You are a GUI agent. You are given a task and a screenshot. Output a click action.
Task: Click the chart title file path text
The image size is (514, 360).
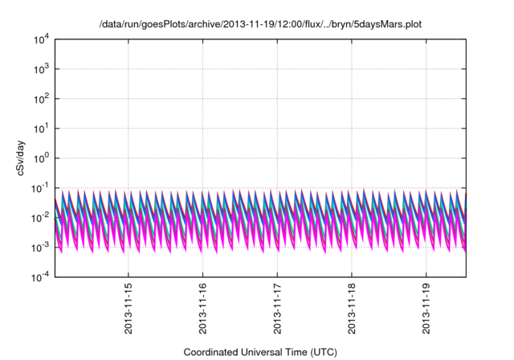260,24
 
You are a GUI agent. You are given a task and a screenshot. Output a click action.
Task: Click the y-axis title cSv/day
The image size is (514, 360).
21,158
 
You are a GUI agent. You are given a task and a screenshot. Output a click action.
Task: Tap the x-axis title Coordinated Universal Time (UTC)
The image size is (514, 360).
260,352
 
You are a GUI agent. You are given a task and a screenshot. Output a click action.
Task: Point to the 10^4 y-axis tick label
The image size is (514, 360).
41,39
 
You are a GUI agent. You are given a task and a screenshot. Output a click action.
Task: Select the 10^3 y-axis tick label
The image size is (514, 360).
41,69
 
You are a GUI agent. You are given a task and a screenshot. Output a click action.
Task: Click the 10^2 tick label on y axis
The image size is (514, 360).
41,99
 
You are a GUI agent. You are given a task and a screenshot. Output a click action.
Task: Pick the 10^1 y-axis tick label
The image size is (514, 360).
41,129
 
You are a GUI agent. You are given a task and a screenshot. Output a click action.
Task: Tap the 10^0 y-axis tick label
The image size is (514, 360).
41,158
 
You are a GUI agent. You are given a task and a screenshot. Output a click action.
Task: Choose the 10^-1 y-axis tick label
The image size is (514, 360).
40,188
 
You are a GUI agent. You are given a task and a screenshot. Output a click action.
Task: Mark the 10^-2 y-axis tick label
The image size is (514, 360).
40,218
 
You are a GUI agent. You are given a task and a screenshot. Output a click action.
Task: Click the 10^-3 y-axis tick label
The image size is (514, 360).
40,247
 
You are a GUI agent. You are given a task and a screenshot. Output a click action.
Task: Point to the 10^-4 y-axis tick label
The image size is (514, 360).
40,277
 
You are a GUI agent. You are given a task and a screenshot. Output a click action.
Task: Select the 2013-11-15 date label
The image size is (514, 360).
128,309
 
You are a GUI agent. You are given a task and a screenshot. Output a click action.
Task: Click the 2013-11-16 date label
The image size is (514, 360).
202,309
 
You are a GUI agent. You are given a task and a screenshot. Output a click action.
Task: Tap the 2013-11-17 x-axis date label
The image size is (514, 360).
277,309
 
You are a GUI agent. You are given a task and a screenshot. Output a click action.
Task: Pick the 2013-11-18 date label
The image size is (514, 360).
352,309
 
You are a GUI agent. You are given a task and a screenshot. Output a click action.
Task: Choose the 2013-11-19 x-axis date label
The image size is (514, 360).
426,309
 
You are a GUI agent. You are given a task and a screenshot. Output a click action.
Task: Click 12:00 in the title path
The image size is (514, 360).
291,24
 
